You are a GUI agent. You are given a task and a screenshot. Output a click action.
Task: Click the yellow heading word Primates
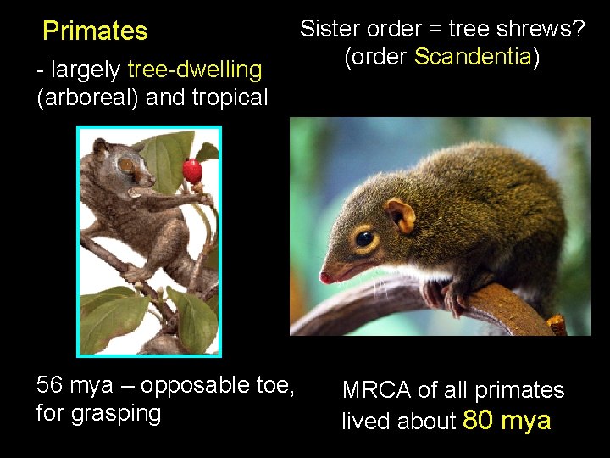click(95, 31)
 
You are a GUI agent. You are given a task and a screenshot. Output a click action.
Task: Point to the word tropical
click(230, 98)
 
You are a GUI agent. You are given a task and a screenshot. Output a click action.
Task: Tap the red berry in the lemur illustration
click(192, 171)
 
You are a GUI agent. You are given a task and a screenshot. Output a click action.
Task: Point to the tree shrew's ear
click(400, 215)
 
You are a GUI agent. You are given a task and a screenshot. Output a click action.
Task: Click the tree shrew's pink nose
click(325, 277)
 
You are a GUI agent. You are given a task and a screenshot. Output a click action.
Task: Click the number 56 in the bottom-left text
click(51, 385)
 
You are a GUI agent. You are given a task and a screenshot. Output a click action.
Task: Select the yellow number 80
click(480, 420)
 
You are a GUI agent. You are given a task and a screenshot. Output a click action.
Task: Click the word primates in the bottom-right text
click(519, 390)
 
